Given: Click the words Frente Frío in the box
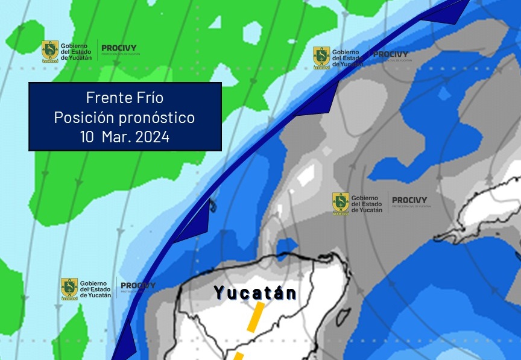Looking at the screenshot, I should pos(125,98).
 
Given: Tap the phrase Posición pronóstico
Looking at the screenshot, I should pos(125,117).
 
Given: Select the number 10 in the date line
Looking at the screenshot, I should pos(87,137).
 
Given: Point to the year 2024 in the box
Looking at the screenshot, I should pos(152,137).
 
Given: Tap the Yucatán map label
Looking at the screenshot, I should pos(256,293).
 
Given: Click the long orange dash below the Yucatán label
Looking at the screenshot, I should pos(256,316).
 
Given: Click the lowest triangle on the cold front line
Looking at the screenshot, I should pos(125,344).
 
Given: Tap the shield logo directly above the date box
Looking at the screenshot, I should pos(50,51).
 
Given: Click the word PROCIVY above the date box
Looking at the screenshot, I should pos(119,48).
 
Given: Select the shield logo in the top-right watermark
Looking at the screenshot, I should pos(321,57).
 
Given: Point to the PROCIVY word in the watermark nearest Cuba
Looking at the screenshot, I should pos(409,200).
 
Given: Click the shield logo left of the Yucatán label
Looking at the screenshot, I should pos(69,289).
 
